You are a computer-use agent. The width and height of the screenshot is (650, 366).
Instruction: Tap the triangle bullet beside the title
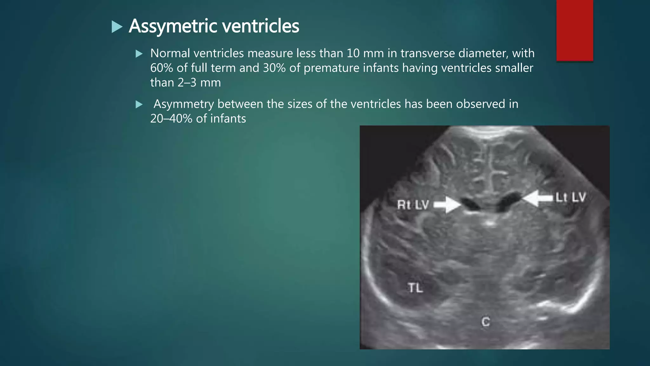(x=117, y=27)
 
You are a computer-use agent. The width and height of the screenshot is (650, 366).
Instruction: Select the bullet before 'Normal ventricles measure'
(x=139, y=54)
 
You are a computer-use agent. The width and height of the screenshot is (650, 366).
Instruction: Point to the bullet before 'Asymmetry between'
(x=139, y=104)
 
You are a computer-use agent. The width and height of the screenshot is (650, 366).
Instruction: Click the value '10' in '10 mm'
(x=353, y=53)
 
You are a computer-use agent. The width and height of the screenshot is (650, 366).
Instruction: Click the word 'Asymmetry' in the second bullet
(x=184, y=104)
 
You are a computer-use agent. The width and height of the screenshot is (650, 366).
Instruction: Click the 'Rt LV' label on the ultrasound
(x=413, y=205)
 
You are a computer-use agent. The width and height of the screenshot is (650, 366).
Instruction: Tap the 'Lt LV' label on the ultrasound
(x=570, y=197)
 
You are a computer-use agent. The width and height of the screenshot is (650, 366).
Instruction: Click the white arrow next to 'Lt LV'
(x=538, y=198)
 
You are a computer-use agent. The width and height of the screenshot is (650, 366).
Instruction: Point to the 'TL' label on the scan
(x=415, y=288)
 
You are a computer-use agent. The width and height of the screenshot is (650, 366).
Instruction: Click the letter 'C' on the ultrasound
(x=486, y=322)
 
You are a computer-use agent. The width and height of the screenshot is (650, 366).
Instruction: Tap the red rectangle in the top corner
(x=574, y=30)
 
